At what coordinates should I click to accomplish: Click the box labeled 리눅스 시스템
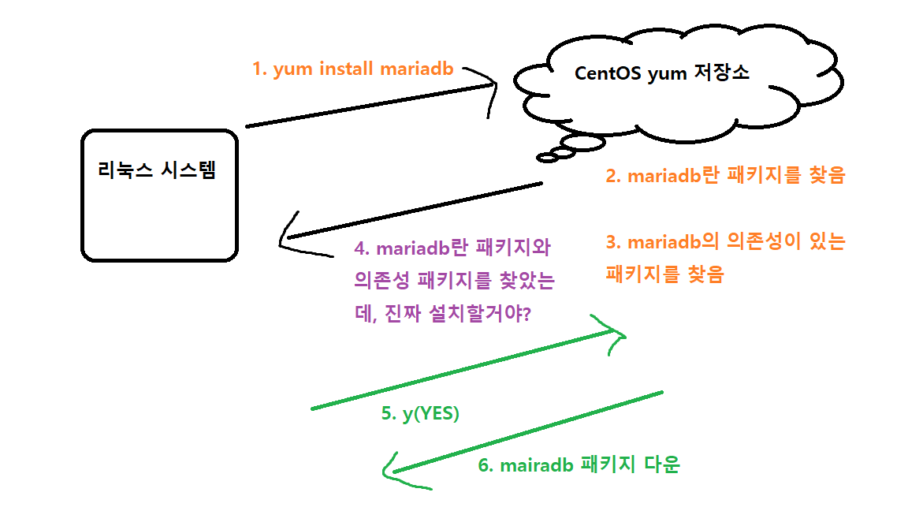(159, 195)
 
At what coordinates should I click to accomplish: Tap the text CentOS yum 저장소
(661, 73)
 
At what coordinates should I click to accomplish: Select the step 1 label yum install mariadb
(352, 69)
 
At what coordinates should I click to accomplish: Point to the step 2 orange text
(724, 175)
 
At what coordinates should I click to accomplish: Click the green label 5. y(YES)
(420, 413)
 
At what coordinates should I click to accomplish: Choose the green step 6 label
(579, 464)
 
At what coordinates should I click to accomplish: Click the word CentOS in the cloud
(608, 73)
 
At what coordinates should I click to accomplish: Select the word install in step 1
(347, 69)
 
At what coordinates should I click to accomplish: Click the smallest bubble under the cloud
(548, 159)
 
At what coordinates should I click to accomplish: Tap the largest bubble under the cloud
(583, 143)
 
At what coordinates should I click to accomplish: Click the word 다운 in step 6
(662, 464)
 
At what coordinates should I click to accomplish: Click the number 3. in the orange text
(612, 242)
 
